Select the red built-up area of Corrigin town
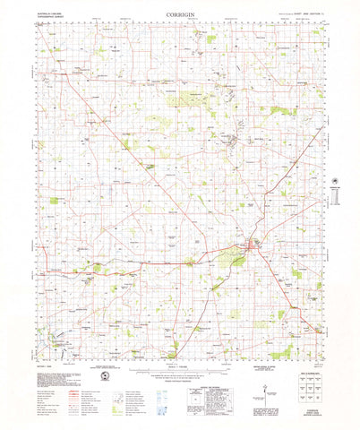(x=253, y=244)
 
